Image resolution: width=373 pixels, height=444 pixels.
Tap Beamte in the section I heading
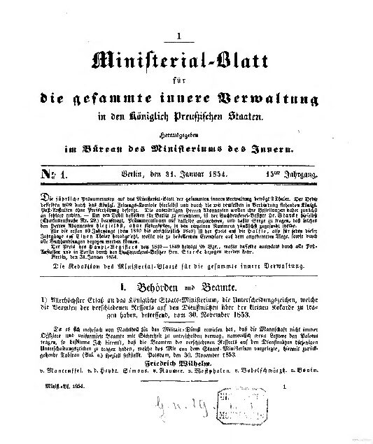[218, 286]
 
